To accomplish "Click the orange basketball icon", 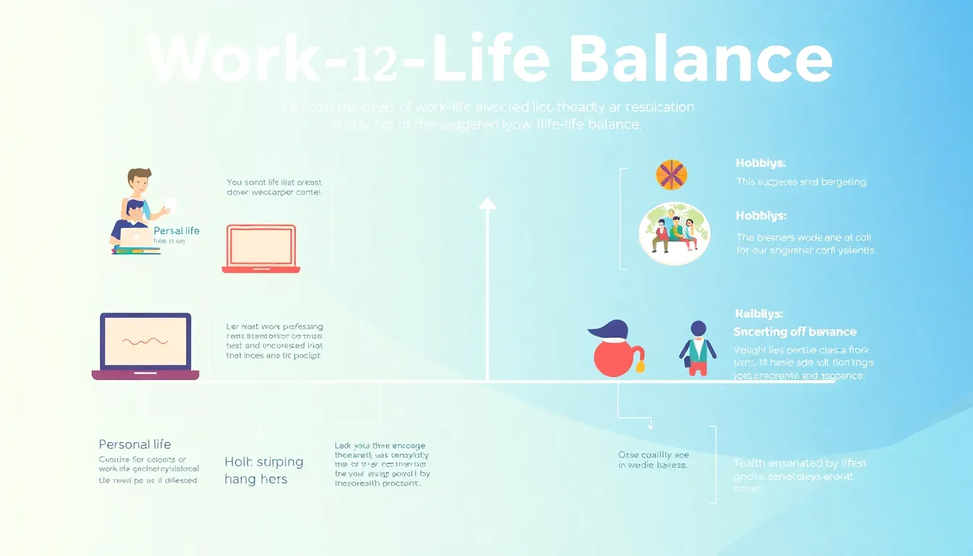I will point(671,174).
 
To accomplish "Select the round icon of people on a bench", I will point(674,233).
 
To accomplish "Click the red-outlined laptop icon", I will point(261,248).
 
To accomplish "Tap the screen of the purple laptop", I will point(146,341).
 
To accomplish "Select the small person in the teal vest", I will point(698,348).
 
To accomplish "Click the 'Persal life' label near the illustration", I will point(177,231).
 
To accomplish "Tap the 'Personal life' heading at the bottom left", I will point(135,445).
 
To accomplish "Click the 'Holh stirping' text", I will point(264,462).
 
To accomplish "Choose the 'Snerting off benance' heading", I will point(794,332).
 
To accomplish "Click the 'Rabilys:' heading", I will point(758,314).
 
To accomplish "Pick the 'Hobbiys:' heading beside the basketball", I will point(760,164).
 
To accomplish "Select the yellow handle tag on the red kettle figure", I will point(640,367).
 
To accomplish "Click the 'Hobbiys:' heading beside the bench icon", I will point(760,216).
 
